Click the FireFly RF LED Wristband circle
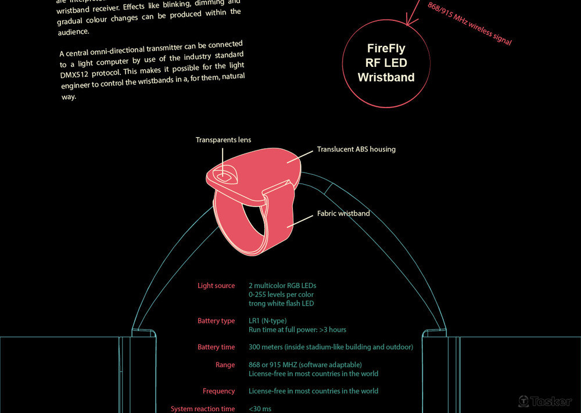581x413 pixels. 386,63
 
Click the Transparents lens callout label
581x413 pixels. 223,140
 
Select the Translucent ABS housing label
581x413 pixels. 356,149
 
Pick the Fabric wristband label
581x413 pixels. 343,214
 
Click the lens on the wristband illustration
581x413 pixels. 223,175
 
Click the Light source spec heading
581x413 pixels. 216,286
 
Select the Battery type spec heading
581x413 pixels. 216,321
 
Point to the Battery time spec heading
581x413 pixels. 216,347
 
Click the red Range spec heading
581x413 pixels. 225,365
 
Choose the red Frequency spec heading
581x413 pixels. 218,392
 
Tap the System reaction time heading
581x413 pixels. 203,409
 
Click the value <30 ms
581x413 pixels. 260,409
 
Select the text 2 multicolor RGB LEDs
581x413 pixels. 282,286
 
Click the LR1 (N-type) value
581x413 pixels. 267,321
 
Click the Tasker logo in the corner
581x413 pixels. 544,401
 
